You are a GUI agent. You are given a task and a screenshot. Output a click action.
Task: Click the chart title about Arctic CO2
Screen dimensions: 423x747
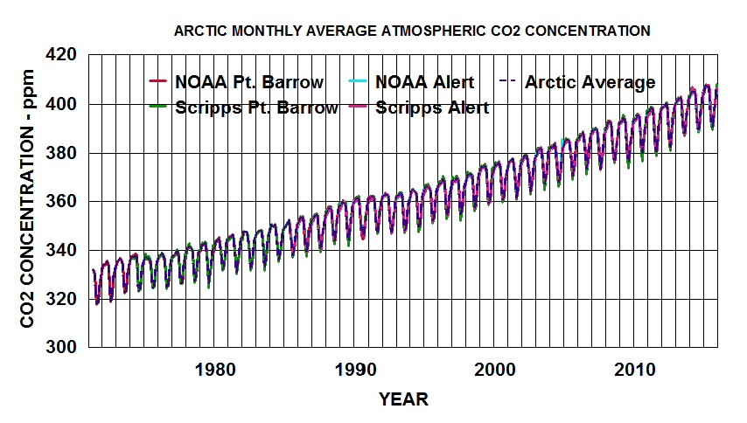[x=412, y=31]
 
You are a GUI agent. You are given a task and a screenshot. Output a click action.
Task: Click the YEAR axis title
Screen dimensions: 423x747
[x=403, y=399]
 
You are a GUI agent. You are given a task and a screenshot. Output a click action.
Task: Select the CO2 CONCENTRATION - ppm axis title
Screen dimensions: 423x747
[x=29, y=202]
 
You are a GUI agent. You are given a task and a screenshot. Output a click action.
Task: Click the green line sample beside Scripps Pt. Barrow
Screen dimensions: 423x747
[x=157, y=108]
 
